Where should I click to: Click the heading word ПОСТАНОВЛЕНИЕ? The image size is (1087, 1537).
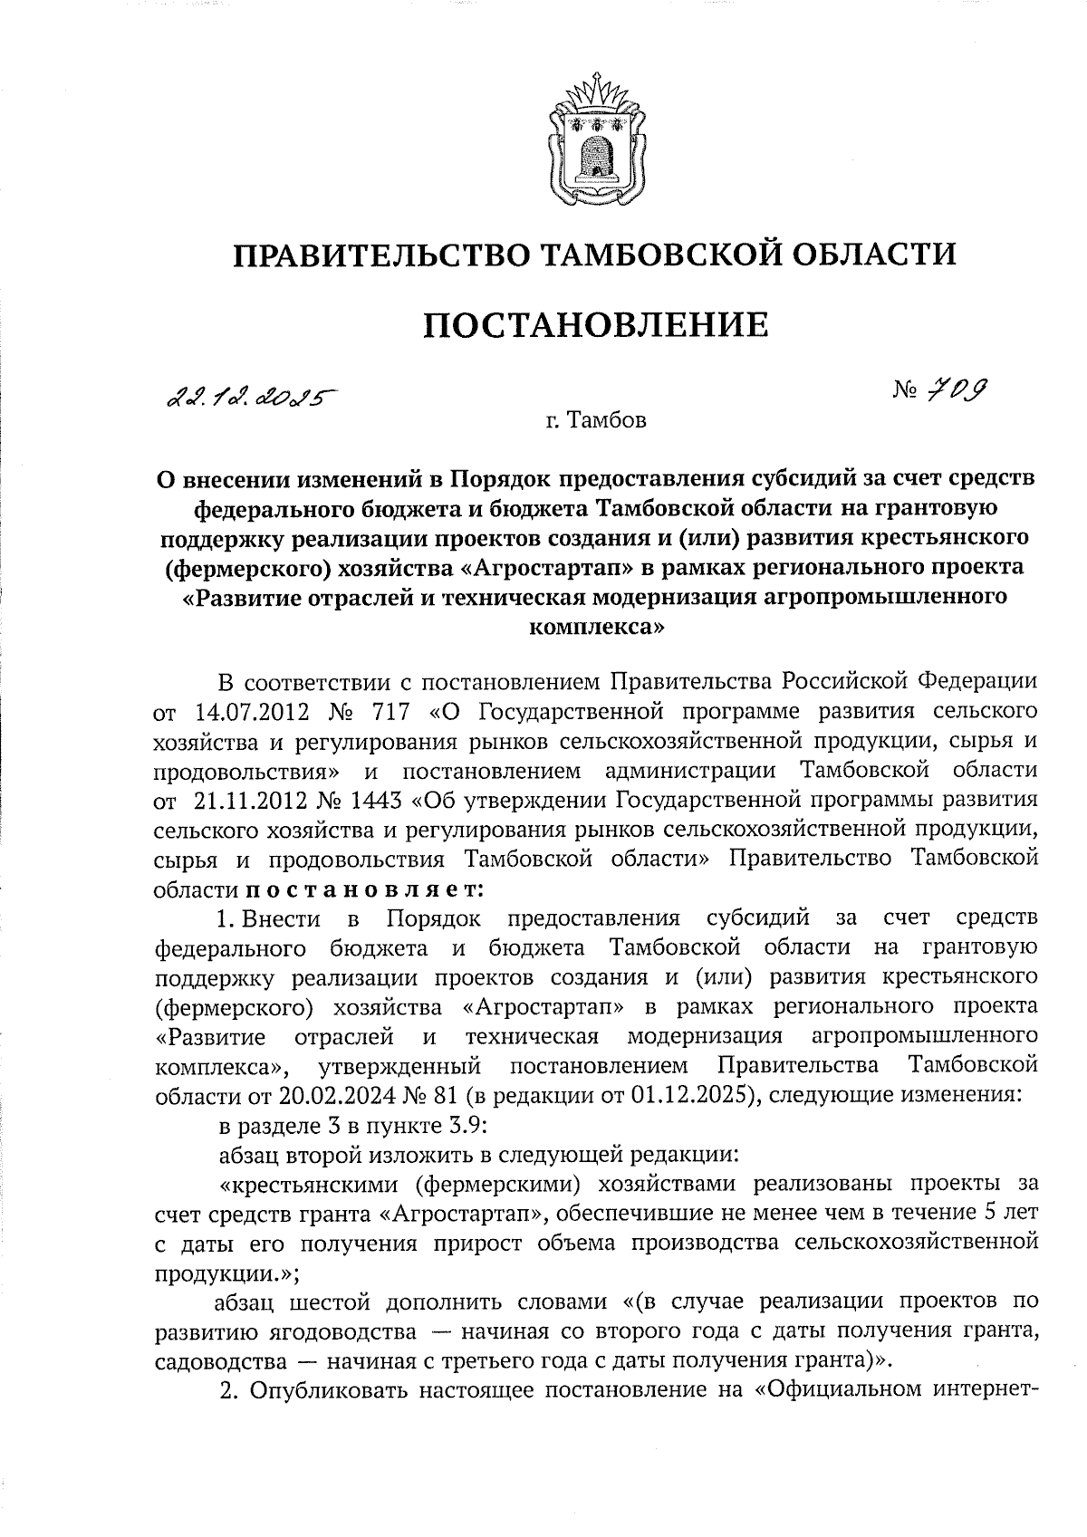pos(596,323)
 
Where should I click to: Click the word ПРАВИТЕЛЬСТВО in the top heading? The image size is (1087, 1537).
pos(379,255)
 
